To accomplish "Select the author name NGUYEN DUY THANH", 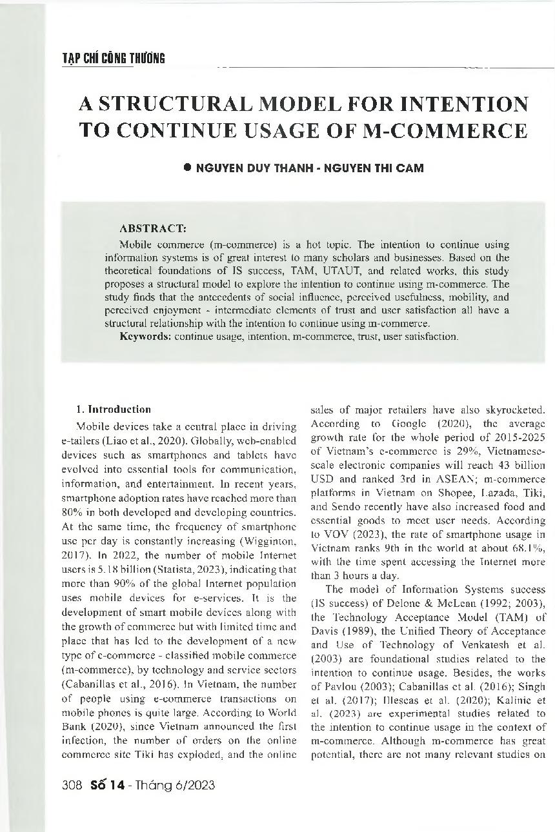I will coord(247,168).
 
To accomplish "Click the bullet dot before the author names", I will coord(188,167).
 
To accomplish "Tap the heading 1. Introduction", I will coord(114,409).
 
